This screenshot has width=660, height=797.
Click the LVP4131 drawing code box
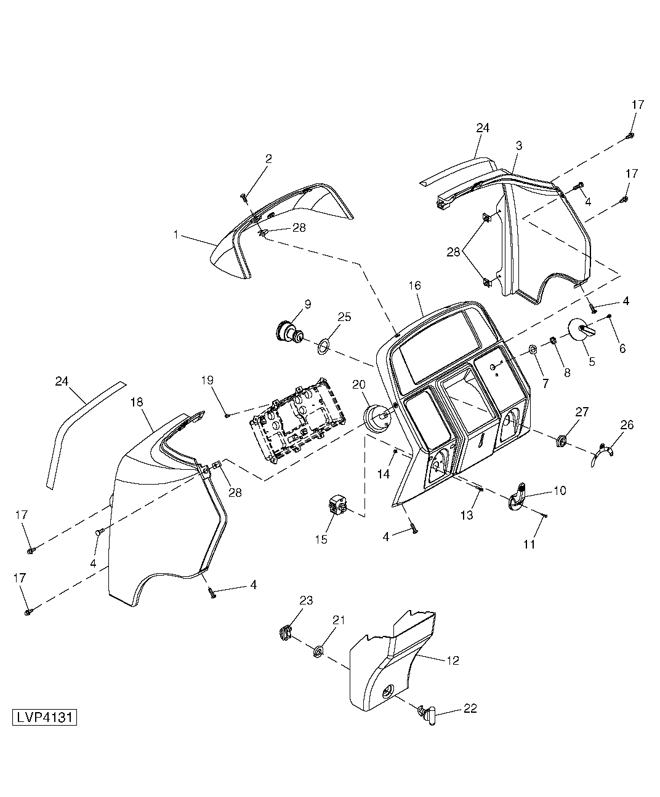44,717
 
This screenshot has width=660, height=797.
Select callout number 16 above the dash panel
414,285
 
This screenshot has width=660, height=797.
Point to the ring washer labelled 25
323,346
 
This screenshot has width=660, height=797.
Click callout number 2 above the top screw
268,159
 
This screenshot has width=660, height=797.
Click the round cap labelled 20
376,419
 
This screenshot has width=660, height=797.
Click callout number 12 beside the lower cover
453,660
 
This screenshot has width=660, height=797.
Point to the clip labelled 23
284,633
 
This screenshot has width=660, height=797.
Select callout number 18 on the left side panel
137,402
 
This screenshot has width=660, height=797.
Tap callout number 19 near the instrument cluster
207,380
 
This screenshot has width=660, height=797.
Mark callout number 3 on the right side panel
518,145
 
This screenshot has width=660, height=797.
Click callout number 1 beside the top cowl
176,235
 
